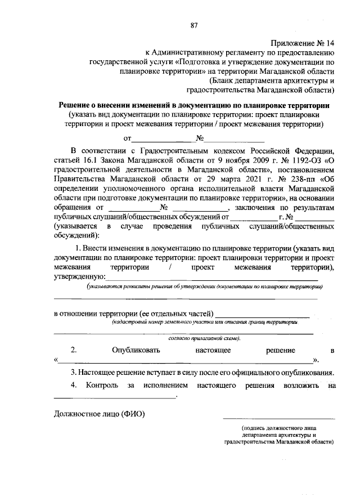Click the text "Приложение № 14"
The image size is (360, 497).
pyautogui.click(x=303, y=43)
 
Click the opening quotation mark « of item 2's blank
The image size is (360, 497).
pyautogui.click(x=56, y=360)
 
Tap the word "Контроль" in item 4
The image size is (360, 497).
pyautogui.click(x=101, y=386)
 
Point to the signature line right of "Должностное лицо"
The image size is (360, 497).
pyautogui.click(x=278, y=418)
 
